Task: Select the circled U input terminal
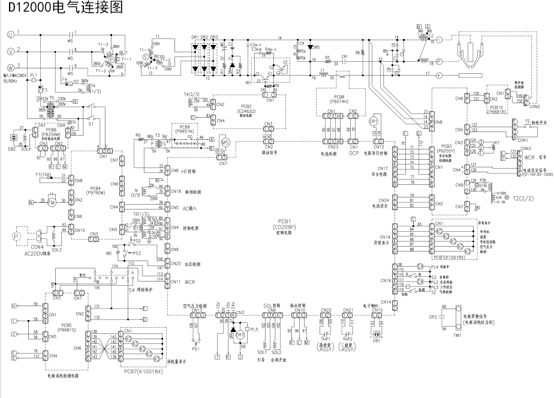pyautogui.click(x=10, y=34)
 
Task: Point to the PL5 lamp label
pyautogui.click(x=254, y=329)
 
